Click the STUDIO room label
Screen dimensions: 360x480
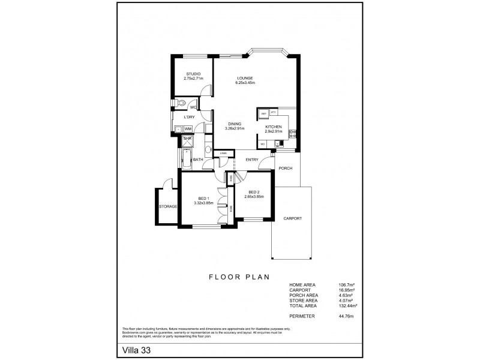193,74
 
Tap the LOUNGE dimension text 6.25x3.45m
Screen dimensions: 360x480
245,83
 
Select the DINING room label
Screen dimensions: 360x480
235,124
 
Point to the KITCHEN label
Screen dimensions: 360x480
274,127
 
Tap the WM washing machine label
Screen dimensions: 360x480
188,129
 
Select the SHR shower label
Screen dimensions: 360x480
187,138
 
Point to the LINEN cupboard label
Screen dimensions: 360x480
223,154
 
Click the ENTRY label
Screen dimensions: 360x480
252,160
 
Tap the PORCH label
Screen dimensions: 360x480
286,168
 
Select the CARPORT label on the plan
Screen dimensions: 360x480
292,218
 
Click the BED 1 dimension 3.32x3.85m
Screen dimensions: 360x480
204,203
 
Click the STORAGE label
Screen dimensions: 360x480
167,206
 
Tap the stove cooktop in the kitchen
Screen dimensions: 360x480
293,134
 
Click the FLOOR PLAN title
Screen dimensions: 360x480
239,277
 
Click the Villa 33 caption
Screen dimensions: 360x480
136,349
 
